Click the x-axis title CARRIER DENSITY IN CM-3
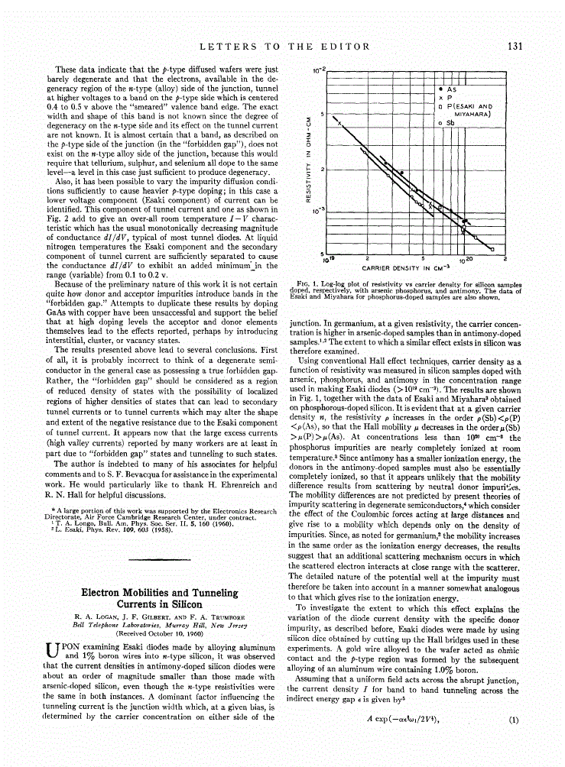410,268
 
